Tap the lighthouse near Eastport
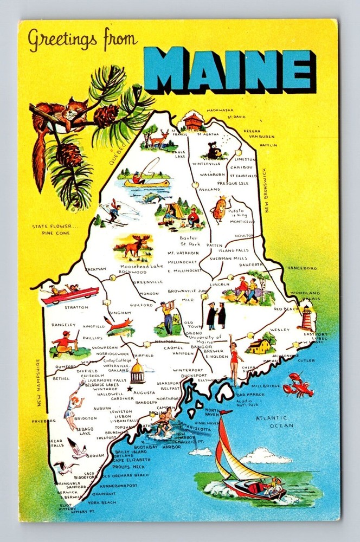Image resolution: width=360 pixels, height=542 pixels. point(307,318)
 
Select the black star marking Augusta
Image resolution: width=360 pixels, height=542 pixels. point(130,389)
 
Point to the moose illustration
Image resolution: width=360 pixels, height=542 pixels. point(133,247)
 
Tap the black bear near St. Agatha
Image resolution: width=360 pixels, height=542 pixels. point(215,150)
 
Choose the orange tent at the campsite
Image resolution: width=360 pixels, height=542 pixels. point(175,210)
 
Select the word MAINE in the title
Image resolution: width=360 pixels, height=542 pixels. point(230,68)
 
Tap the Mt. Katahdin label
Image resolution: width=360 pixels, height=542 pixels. point(183,253)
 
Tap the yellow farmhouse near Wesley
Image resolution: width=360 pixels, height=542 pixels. point(260,345)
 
